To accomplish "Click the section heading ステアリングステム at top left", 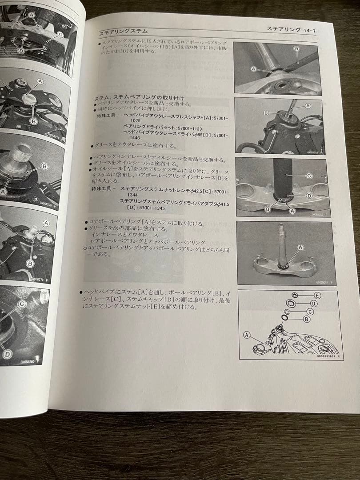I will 123,32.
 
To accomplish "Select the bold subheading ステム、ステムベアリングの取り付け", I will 139,98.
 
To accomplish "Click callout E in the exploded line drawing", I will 317,296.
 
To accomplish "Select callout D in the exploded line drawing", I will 314,304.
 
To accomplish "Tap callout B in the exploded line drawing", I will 306,319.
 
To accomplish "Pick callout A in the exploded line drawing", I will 247,335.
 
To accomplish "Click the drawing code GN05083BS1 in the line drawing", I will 329,356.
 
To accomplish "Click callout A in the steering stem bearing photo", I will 300,247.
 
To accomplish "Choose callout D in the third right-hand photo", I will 308,195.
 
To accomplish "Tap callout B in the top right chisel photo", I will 296,48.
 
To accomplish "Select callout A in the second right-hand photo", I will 308,106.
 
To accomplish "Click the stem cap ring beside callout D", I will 292,304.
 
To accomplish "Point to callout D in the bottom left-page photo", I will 7,354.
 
